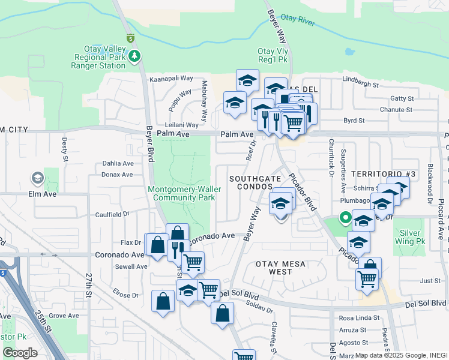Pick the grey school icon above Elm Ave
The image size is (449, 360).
click(x=37, y=178)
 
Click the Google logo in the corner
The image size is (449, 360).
click(x=20, y=353)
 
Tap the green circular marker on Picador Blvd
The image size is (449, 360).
click(x=345, y=218)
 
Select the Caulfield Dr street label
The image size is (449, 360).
click(x=112, y=214)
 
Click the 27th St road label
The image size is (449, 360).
click(x=88, y=285)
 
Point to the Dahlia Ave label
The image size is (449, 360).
click(x=118, y=163)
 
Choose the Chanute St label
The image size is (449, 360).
click(x=397, y=110)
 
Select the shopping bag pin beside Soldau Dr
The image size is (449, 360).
click(x=222, y=313)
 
